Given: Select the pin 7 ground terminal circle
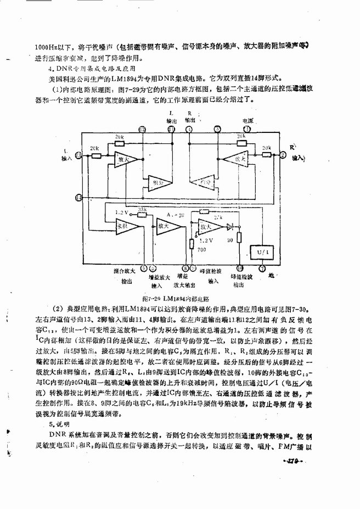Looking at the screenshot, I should tap(261, 269).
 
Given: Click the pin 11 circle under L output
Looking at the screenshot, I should tap(171, 130).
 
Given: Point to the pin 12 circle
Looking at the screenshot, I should tap(142, 130).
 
